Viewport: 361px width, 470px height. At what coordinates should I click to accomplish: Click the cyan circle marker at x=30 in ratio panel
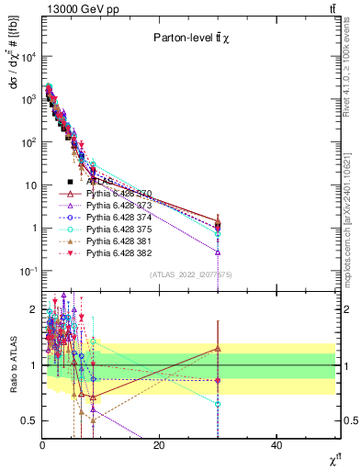click(218, 404)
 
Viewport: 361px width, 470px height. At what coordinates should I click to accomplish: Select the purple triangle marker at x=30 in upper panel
click(218, 252)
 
